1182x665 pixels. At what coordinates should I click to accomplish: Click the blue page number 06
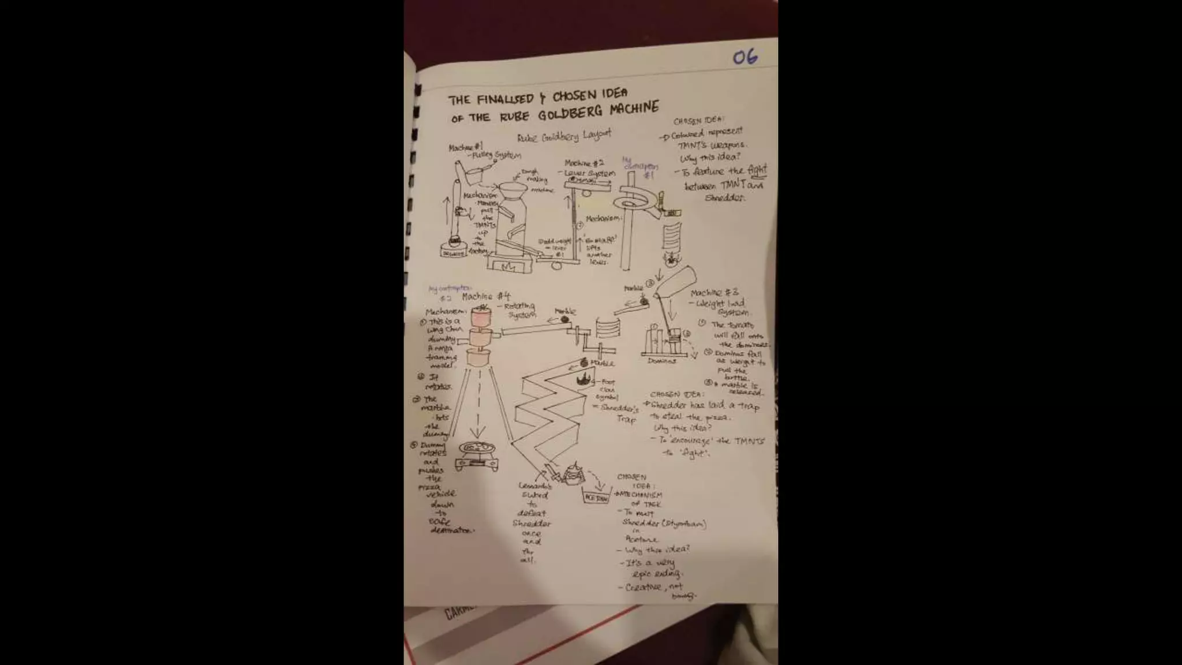pos(745,57)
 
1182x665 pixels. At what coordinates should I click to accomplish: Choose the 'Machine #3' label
pos(714,293)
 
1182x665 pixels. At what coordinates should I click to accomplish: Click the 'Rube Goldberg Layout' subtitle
pos(564,136)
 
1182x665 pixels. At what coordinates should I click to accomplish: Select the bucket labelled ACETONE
pos(596,496)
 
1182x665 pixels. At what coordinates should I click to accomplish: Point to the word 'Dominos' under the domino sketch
pos(661,361)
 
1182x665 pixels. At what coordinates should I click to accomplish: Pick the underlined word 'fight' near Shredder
pos(757,170)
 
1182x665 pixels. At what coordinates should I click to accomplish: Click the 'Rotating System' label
pos(521,311)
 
